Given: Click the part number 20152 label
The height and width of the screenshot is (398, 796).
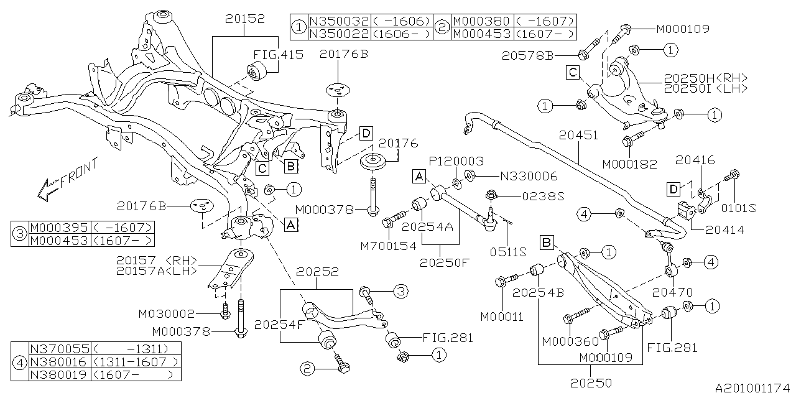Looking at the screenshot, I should point(240,20).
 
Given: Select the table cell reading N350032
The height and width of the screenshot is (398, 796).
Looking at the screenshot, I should point(338,22).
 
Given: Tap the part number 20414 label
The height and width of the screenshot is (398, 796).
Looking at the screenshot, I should point(724,230).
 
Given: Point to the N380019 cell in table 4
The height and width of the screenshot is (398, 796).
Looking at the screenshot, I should point(59,374).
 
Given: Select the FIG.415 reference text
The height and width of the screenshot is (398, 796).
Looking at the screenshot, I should point(278,55).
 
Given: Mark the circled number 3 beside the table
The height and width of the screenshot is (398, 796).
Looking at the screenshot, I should point(21,234).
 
